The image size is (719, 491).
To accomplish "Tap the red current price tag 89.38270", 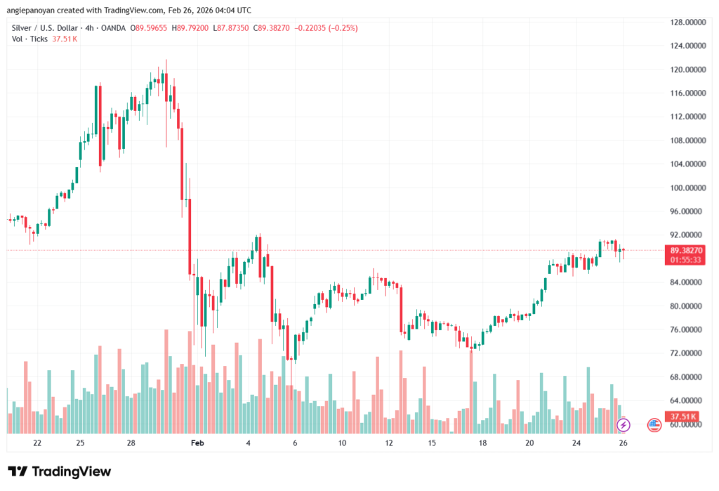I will (x=685, y=250).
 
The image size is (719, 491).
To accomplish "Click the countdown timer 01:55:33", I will (x=685, y=260).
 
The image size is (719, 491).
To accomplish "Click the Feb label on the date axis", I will (x=197, y=443).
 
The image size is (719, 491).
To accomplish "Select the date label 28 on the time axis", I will (x=131, y=443).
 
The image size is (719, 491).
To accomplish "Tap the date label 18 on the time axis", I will (x=482, y=443).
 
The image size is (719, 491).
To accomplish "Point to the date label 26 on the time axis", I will (x=623, y=443).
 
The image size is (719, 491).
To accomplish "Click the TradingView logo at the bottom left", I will (x=59, y=471).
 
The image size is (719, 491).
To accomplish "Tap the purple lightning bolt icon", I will (x=623, y=424).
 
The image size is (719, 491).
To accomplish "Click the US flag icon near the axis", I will (x=654, y=424).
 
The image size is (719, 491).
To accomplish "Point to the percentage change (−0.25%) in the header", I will (x=343, y=28).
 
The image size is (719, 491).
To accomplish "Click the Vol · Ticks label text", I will (x=30, y=39).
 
